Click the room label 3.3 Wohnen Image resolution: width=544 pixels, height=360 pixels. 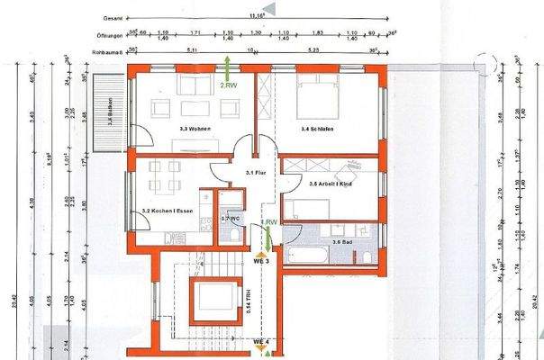[195, 130]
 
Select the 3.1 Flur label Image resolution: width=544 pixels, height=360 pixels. [255, 172]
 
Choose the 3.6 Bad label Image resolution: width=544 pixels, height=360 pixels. [342, 241]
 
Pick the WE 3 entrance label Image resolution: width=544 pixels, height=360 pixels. [261, 260]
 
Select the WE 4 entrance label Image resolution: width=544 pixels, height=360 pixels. [261, 342]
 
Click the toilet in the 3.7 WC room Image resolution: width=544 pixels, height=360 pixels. [232, 235]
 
